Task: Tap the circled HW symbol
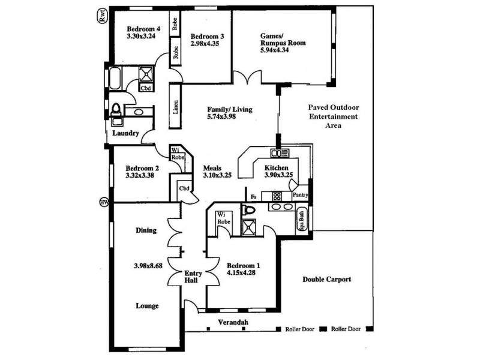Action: pyautogui.click(x=104, y=202)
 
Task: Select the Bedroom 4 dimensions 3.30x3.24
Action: pyautogui.click(x=141, y=36)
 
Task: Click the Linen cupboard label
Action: pyautogui.click(x=175, y=107)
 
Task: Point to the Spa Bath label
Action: pyautogui.click(x=302, y=220)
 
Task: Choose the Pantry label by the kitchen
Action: pyautogui.click(x=301, y=194)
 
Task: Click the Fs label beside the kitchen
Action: pyautogui.click(x=253, y=197)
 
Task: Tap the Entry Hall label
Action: pyautogui.click(x=193, y=277)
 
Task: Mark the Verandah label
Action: pyautogui.click(x=233, y=322)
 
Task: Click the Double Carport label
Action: pyautogui.click(x=326, y=279)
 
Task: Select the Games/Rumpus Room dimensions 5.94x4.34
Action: pyautogui.click(x=275, y=50)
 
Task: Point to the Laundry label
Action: pyautogui.click(x=125, y=133)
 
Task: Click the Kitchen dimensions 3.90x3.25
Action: pyautogui.click(x=278, y=175)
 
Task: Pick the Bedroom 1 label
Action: pyautogui.click(x=244, y=265)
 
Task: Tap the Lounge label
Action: pyautogui.click(x=147, y=305)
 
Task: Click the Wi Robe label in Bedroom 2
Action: pyautogui.click(x=178, y=154)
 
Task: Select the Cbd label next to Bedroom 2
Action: pyautogui.click(x=184, y=188)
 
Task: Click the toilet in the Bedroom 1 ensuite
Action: pyautogui.click(x=248, y=211)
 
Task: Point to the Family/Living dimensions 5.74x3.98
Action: pyautogui.click(x=221, y=116)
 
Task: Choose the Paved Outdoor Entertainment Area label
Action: pyautogui.click(x=334, y=116)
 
